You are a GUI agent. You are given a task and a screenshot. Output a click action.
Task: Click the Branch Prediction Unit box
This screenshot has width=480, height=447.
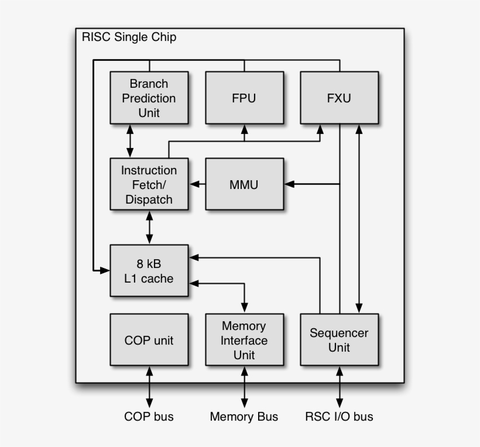pos(149,98)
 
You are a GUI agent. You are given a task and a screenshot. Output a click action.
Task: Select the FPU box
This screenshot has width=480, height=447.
pos(244,98)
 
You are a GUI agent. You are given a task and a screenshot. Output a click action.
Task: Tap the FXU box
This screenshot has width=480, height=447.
pos(339,98)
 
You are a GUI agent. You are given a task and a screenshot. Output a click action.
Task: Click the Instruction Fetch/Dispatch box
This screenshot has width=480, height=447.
pos(149,184)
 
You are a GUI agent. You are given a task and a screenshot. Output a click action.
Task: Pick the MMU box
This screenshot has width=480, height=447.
pos(244,184)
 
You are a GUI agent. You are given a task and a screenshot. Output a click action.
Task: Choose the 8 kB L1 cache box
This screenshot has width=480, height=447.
pos(149,271)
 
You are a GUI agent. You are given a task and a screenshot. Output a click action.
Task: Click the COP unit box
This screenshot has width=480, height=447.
pos(149,340)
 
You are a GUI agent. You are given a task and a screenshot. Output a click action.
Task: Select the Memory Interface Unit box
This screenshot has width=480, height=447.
pos(244,340)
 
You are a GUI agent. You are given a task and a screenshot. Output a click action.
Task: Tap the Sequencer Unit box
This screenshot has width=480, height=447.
pos(339,340)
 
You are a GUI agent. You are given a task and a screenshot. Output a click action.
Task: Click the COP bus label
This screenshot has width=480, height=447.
pos(149,417)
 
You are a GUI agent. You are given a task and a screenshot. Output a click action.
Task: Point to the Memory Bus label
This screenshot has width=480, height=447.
pos(244,417)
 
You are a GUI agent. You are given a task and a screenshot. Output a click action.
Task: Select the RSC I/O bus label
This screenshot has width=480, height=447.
pos(339,417)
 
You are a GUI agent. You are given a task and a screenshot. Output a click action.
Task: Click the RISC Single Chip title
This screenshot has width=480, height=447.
pos(129,37)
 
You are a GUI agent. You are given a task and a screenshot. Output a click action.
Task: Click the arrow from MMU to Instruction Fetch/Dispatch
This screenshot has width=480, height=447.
pos(197,184)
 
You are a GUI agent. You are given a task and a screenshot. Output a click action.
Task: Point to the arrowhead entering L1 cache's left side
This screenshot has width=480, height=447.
pos(105,270)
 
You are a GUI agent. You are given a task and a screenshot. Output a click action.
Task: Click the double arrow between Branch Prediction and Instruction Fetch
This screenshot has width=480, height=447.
pos(130,141)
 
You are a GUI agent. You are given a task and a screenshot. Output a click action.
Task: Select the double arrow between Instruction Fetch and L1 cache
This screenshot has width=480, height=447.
pos(149,228)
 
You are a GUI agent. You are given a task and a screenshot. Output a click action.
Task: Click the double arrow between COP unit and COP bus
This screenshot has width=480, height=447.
pos(149,387)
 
